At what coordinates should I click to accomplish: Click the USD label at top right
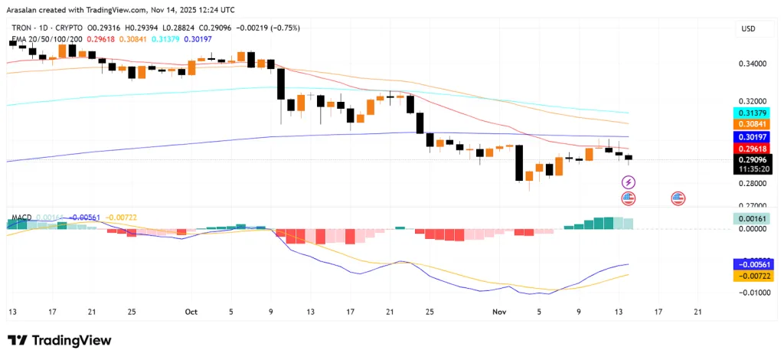[747, 28]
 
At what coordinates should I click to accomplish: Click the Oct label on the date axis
[191, 312]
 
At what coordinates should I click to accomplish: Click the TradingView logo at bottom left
[60, 340]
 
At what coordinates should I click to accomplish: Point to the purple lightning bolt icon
[629, 182]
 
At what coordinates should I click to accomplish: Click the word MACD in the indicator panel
[22, 218]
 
